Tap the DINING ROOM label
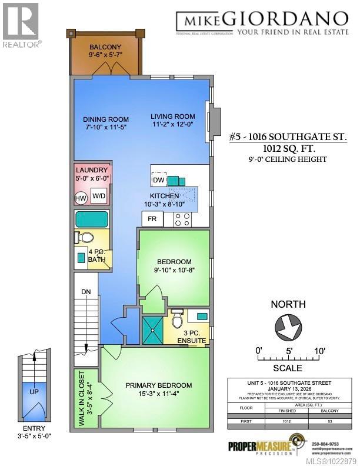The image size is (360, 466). pos(105,119)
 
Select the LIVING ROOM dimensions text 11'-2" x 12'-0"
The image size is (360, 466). pos(172,125)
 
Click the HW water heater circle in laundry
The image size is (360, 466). pos(81,198)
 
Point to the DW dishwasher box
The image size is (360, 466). pos(158,180)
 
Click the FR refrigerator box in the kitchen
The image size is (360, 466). pos(152,219)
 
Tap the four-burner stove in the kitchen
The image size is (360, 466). pos(182,219)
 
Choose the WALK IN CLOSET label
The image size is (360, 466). pos(80,391)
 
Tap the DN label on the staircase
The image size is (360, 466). pos(85,291)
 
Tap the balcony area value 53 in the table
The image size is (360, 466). pos(322,421)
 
